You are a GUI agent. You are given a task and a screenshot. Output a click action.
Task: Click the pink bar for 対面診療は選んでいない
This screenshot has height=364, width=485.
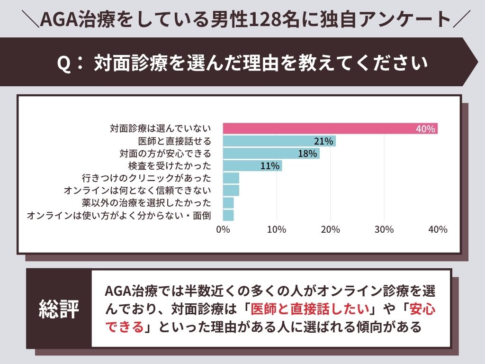click(330, 128)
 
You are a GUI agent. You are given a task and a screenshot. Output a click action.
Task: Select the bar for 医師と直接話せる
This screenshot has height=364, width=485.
click(279, 141)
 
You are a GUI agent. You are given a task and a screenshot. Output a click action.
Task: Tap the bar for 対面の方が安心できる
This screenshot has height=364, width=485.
click(271, 154)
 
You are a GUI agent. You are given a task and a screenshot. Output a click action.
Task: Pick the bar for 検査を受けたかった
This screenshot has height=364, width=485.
click(252, 166)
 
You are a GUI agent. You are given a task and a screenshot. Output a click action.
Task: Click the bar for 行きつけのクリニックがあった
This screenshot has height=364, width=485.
click(231, 178)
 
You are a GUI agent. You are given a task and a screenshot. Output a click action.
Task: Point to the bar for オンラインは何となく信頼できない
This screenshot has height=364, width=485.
click(231, 191)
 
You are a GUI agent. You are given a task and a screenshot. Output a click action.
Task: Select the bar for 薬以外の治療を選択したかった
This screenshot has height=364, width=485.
click(228, 203)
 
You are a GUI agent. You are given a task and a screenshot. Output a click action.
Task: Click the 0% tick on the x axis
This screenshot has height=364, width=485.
click(223, 230)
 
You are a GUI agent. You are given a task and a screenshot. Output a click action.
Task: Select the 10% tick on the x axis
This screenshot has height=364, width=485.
click(277, 230)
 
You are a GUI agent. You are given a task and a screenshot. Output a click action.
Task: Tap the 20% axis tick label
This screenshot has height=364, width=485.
click(331, 230)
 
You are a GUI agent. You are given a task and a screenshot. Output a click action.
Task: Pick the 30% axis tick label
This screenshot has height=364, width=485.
click(384, 230)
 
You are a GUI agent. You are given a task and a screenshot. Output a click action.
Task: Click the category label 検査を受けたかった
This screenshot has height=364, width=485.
click(169, 166)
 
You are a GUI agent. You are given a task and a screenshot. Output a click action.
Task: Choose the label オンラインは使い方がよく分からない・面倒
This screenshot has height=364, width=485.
click(119, 216)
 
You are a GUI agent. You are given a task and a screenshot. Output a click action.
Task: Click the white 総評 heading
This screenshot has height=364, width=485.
click(59, 309)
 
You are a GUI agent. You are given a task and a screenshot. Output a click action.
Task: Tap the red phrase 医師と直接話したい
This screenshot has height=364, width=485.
click(311, 309)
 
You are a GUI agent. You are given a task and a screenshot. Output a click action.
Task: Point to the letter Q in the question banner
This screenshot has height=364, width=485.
click(64, 63)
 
